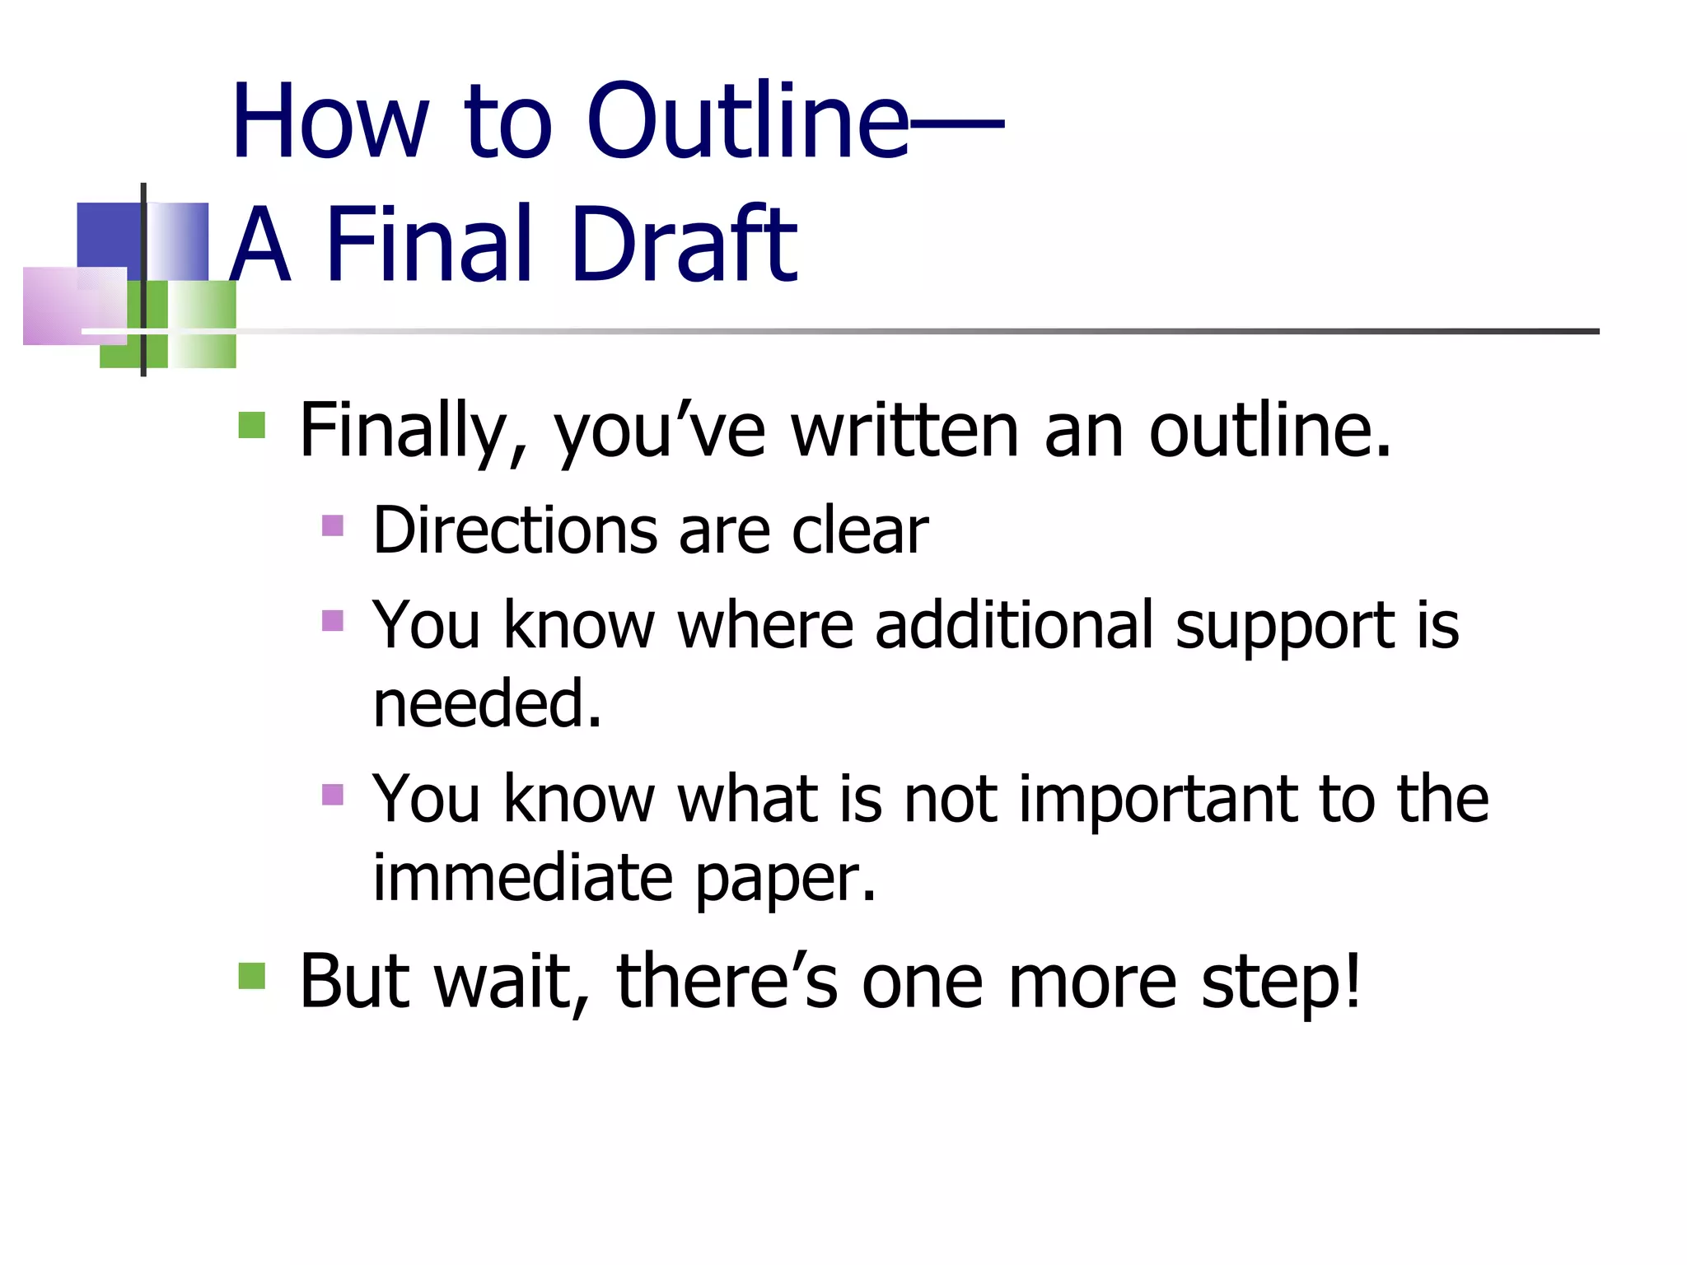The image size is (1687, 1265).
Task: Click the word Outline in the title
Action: tap(748, 122)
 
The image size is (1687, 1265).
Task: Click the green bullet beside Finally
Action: tap(251, 425)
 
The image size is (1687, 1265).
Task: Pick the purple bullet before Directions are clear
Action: tap(333, 525)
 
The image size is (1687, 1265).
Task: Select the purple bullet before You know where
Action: tap(333, 620)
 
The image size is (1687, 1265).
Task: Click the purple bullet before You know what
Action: tap(333, 795)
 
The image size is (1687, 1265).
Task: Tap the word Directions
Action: tap(515, 531)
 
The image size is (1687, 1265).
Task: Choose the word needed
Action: tap(487, 704)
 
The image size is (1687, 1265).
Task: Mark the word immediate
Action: tap(523, 878)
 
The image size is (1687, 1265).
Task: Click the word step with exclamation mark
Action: tap(1281, 983)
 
